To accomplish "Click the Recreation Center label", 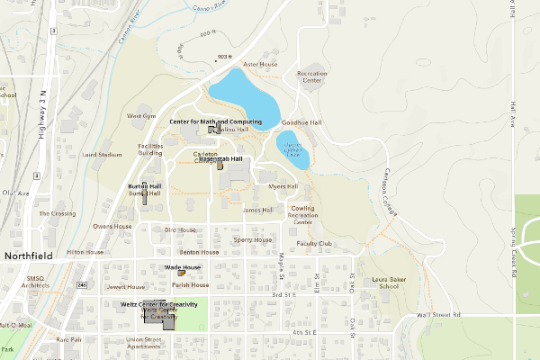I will tap(310, 76).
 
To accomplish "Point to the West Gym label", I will tap(141, 116).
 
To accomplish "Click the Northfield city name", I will tap(29, 256).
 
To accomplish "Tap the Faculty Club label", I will tap(314, 244).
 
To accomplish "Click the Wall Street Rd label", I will tap(438, 315).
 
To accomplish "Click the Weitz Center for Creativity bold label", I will tap(158, 306).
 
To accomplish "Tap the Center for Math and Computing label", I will tap(215, 121).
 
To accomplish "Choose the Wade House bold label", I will tap(183, 267).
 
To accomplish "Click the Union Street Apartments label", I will tap(144, 343).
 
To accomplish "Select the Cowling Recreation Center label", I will tap(302, 216).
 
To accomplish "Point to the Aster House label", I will tap(260, 65).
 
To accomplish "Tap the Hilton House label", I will tap(85, 253).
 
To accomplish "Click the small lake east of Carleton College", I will tap(292, 150).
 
